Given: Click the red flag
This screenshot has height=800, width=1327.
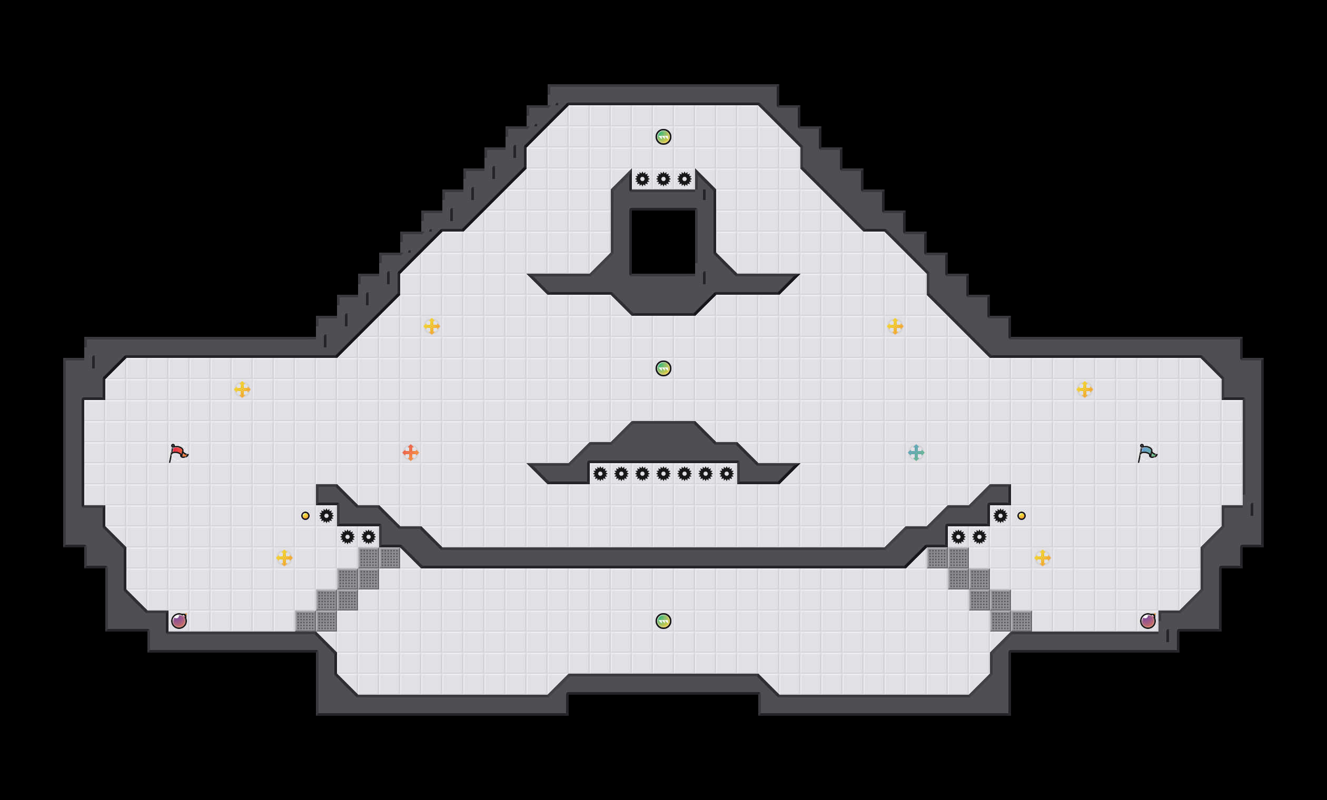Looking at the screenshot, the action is coord(179,453).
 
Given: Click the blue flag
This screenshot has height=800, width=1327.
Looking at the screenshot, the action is coord(1147,453).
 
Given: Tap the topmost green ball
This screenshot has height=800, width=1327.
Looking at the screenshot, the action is coord(663,137).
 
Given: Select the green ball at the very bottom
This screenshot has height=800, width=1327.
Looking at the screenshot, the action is coord(663,621).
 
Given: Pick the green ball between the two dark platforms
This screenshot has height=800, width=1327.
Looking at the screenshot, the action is coord(663,368).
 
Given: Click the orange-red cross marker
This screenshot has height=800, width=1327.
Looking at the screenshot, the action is coord(410,453).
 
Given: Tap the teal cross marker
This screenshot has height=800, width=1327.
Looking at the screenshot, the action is coord(916,453).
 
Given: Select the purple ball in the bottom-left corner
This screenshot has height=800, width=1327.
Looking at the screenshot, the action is coord(179,621).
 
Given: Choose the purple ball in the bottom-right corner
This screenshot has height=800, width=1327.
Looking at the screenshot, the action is coord(1147,621).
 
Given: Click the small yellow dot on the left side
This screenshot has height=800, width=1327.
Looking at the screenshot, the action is coord(305,516).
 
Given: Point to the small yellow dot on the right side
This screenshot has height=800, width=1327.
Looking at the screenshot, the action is coord(1021,516).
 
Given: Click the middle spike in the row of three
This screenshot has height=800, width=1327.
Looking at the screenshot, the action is coord(663,179).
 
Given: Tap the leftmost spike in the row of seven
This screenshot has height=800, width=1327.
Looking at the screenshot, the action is coord(600,474).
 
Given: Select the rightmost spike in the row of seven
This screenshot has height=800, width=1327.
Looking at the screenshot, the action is coord(727,474).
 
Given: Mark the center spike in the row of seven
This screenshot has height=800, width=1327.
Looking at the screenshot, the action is coord(663,474).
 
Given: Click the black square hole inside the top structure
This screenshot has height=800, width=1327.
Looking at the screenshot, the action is coord(663,242).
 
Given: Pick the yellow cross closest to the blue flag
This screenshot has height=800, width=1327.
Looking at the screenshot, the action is coord(1084,389).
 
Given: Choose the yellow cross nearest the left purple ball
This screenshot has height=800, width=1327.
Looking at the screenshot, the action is coord(284,558).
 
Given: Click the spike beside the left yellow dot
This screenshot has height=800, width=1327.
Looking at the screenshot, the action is coord(326,516).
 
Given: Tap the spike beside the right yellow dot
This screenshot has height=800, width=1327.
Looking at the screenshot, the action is coord(1000,516).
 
